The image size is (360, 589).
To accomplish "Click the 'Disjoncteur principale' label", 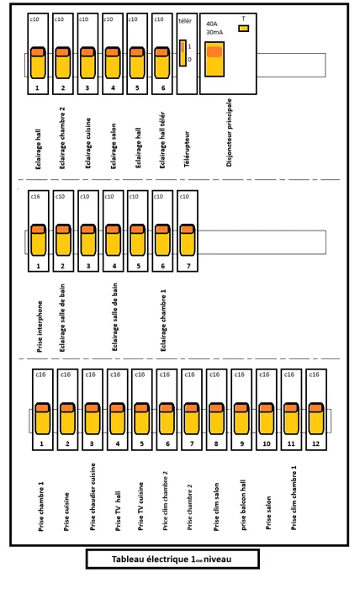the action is pos(230,132).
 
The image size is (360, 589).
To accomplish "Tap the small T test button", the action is pos(244,28).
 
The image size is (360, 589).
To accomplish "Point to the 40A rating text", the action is pos(212,24).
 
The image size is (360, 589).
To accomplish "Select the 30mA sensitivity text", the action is pos(214,32).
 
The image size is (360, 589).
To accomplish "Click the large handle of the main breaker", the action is pos(214,59).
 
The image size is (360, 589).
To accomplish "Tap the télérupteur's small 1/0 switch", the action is pos(183,53).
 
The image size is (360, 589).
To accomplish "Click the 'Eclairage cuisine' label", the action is pos(87,143).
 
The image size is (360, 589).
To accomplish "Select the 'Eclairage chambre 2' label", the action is pos(62,138).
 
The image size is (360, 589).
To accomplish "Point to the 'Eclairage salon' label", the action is pos(114,146).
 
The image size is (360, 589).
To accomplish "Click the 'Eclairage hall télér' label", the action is pos(162,140).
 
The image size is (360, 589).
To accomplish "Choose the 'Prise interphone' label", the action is pos(40,326).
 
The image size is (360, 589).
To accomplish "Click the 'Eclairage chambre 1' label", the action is pos(163,320).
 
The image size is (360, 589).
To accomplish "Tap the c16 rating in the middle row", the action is pos(35,196).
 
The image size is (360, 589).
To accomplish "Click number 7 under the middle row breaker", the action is pos(188,266).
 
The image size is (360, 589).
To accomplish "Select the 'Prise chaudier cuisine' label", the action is pos(93,496).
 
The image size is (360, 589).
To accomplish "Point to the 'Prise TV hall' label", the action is pos(118,511).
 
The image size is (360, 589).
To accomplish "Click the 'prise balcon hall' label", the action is pos(243,505).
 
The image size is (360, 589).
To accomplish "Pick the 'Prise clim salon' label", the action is pos(216,507).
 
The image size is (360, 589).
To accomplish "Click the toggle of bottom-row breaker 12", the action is pos(316,418).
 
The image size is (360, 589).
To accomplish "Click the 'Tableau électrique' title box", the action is pos(172,560).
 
